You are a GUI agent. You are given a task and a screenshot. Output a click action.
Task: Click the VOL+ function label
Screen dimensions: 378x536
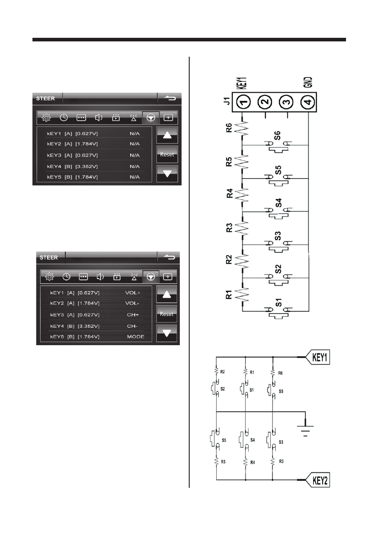pos(133,293)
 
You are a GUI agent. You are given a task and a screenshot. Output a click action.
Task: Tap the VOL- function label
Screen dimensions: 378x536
pos(132,303)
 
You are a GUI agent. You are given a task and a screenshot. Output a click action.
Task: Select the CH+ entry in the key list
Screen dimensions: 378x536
pos(133,315)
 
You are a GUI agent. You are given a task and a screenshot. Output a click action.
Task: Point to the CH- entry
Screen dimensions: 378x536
pos(132,326)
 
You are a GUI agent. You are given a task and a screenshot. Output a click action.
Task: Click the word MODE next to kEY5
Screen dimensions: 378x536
pos(136,337)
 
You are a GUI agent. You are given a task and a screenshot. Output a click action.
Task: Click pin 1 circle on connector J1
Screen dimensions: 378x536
pos(243,102)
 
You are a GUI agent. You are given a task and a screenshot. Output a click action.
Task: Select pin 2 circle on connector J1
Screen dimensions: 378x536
pos(265,102)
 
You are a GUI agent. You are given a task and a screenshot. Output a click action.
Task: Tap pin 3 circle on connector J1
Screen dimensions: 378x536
pos(287,102)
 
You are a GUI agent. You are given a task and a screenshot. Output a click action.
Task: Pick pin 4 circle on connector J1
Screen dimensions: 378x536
pos(308,102)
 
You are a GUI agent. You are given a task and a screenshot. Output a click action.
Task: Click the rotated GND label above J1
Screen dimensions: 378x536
pos(308,82)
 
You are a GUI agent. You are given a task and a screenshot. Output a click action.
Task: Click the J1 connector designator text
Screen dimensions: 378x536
pos(227,101)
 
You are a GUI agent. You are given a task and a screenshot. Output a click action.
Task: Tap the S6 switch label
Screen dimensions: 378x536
pos(278,136)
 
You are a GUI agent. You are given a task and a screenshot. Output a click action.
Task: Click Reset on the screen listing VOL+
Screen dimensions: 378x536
pos(167,314)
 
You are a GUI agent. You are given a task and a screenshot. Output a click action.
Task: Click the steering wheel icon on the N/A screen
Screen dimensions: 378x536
pos(151,117)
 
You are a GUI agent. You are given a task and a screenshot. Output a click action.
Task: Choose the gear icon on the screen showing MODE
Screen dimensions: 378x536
pos(50,276)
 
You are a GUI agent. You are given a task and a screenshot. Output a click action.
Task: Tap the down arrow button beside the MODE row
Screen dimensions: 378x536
pos(167,333)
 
